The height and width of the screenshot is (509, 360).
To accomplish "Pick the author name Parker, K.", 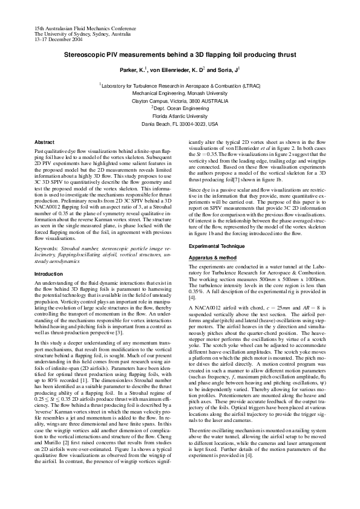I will click(134, 70).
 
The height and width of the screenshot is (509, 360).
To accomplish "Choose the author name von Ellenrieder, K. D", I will click(175, 70).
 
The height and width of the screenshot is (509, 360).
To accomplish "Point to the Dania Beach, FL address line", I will click(180, 123).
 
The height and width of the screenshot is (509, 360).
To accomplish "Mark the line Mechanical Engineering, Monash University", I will click(180, 94).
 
